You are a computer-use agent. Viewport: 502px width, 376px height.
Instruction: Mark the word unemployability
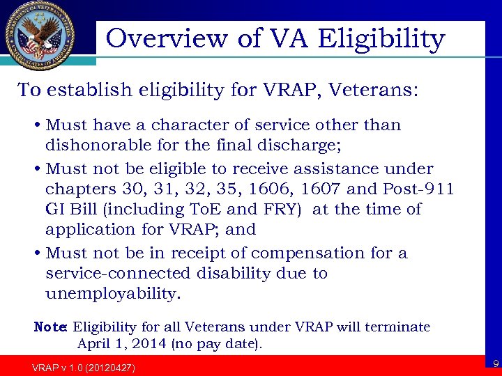coord(112,294)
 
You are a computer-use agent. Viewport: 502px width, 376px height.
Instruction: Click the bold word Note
coord(50,327)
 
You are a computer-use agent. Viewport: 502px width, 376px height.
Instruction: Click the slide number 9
coord(494,363)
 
